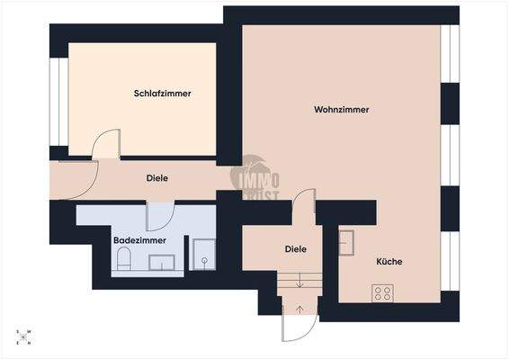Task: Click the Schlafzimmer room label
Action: point(162,94)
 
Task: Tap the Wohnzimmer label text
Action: point(342,110)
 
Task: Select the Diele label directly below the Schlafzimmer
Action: point(157,178)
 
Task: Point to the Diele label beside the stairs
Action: point(296,249)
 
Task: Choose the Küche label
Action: point(389,262)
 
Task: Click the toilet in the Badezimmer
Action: point(124,262)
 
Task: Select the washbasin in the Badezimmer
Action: point(162,262)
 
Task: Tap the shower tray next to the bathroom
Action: point(204,255)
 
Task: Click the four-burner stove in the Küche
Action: point(382,292)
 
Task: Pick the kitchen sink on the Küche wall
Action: point(346,243)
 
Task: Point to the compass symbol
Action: point(24,337)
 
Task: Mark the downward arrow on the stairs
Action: point(299,283)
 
